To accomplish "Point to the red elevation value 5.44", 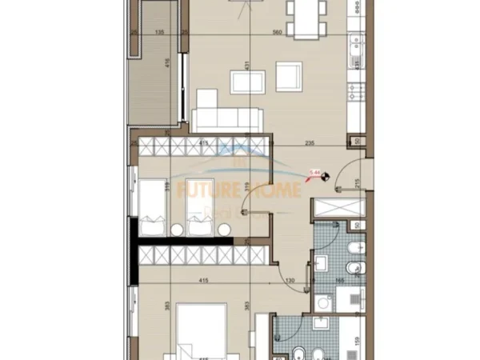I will (314, 171).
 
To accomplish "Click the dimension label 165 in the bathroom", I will (338, 281).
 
